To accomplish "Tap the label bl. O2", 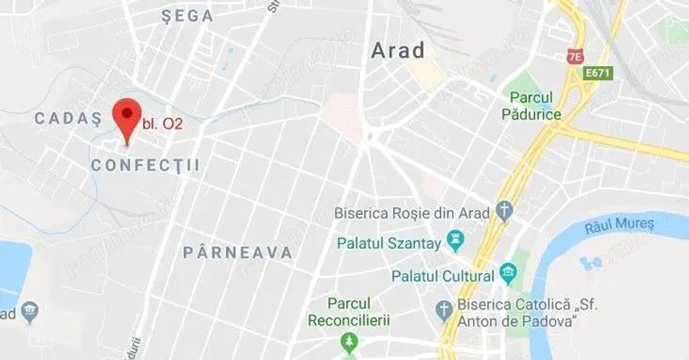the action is (162, 123).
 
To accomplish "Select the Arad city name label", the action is (397, 51).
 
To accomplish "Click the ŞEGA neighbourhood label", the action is (188, 17).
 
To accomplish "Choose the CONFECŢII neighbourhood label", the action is (145, 165).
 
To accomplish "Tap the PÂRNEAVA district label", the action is (238, 252).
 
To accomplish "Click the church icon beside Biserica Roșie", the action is (504, 210).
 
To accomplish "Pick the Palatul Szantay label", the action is (390, 244).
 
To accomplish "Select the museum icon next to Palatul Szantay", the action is (457, 241).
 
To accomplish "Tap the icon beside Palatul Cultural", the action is (507, 272).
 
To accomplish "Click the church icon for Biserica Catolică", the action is (443, 309).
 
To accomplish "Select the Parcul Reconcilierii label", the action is (350, 311).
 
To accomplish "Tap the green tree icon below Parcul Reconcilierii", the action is (350, 339).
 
